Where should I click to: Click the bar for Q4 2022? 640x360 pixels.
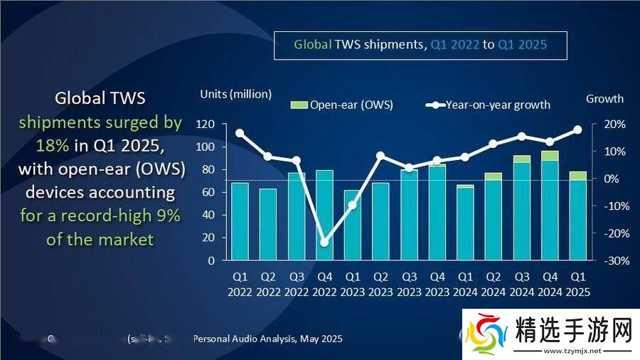[x=324, y=215]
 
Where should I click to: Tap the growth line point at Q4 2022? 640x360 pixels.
[x=324, y=243]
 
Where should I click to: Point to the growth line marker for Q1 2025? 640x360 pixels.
[x=577, y=129]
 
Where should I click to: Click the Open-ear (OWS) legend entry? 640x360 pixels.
[x=342, y=105]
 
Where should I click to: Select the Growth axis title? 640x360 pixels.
[x=604, y=99]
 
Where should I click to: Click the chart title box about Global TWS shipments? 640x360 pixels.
[x=420, y=45]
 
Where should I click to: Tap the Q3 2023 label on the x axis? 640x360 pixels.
[x=408, y=284]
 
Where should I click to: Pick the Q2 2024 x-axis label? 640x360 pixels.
[x=493, y=284]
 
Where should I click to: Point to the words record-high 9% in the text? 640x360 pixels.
[x=121, y=216]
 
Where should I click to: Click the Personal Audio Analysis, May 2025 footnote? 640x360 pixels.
[x=267, y=339]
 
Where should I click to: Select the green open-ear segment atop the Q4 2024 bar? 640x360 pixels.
[x=550, y=156]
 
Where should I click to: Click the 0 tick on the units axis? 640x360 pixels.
[x=211, y=260]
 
